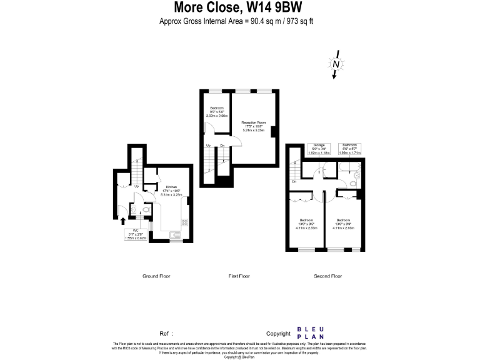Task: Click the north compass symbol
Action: (336, 64)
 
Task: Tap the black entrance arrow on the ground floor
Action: (122, 221)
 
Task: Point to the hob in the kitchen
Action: (184, 222)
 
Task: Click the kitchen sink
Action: (176, 234)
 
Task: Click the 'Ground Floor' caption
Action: (156, 276)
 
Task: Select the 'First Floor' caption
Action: (239, 276)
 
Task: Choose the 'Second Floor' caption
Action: (327, 276)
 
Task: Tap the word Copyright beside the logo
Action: (278, 334)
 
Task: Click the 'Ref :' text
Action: (166, 334)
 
